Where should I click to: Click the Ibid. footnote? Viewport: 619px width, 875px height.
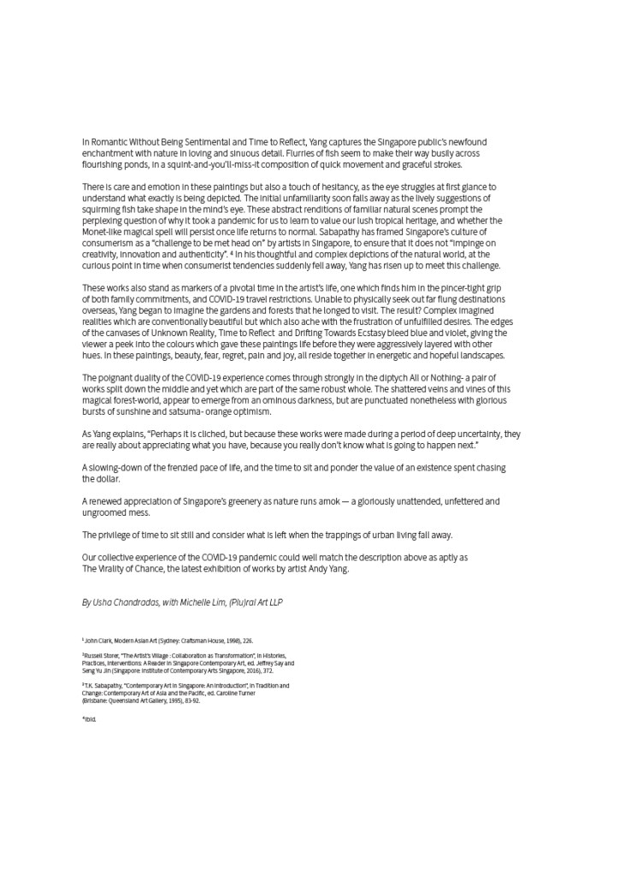89,719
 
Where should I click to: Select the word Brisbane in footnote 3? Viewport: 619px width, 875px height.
97,701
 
